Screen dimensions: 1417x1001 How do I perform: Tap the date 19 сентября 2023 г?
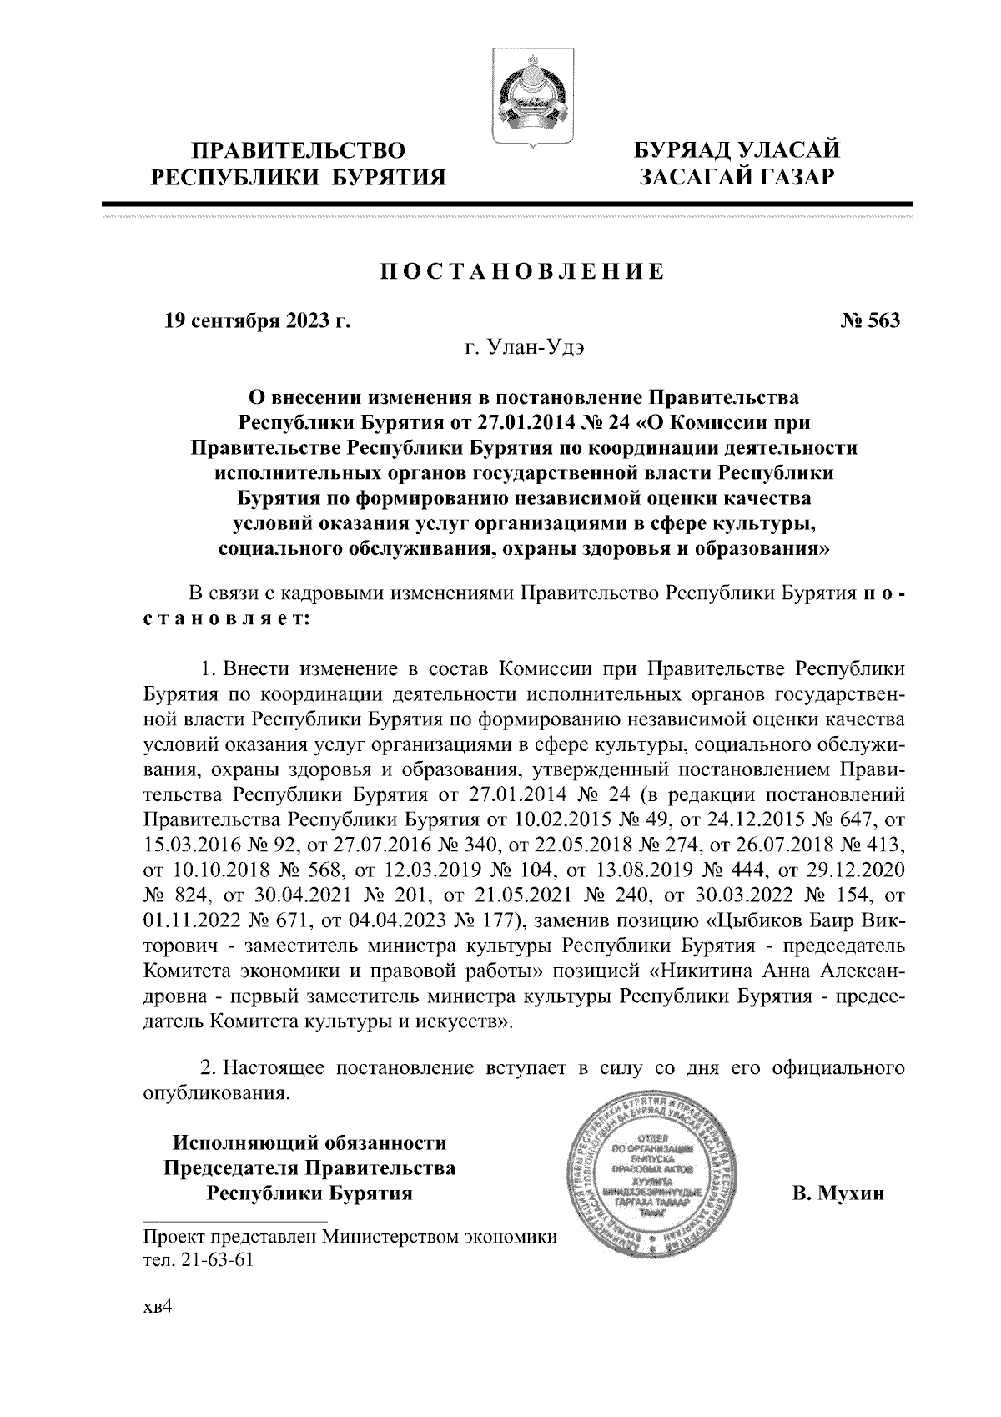coord(256,321)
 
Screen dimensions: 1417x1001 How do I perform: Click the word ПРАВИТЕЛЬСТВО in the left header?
coord(299,151)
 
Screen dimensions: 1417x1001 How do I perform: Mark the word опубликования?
coord(216,1092)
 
